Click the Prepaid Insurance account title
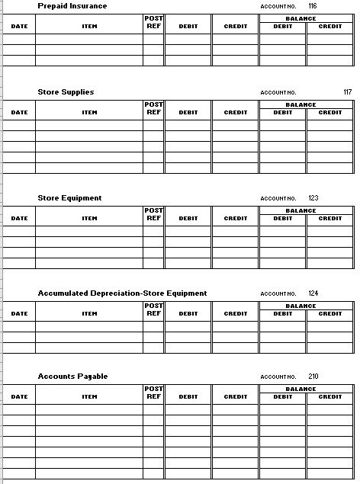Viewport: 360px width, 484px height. (72, 6)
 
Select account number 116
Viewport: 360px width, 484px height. (312, 6)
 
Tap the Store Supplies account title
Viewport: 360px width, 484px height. (66, 92)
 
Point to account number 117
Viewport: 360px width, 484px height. (347, 92)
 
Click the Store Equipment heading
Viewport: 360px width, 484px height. (69, 198)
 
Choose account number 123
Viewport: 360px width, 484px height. (313, 198)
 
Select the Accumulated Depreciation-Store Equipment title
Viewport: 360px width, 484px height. (122, 293)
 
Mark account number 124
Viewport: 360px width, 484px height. (313, 293)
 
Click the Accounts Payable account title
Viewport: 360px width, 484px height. (72, 377)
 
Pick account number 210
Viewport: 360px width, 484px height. (313, 377)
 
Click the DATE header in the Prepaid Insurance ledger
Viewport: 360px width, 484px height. (19, 27)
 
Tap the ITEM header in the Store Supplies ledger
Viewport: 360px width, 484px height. (89, 113)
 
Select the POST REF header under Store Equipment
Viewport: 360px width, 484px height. (153, 214)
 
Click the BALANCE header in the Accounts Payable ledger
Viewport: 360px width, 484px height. (307, 389)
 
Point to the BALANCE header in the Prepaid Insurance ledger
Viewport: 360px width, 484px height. (307, 18)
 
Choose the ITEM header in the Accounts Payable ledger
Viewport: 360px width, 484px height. (89, 397)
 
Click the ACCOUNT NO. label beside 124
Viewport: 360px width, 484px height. (278, 294)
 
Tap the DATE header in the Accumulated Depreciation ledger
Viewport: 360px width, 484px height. (19, 314)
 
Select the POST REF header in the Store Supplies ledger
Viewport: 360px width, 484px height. (153, 108)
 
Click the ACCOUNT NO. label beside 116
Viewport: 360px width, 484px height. (278, 7)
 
